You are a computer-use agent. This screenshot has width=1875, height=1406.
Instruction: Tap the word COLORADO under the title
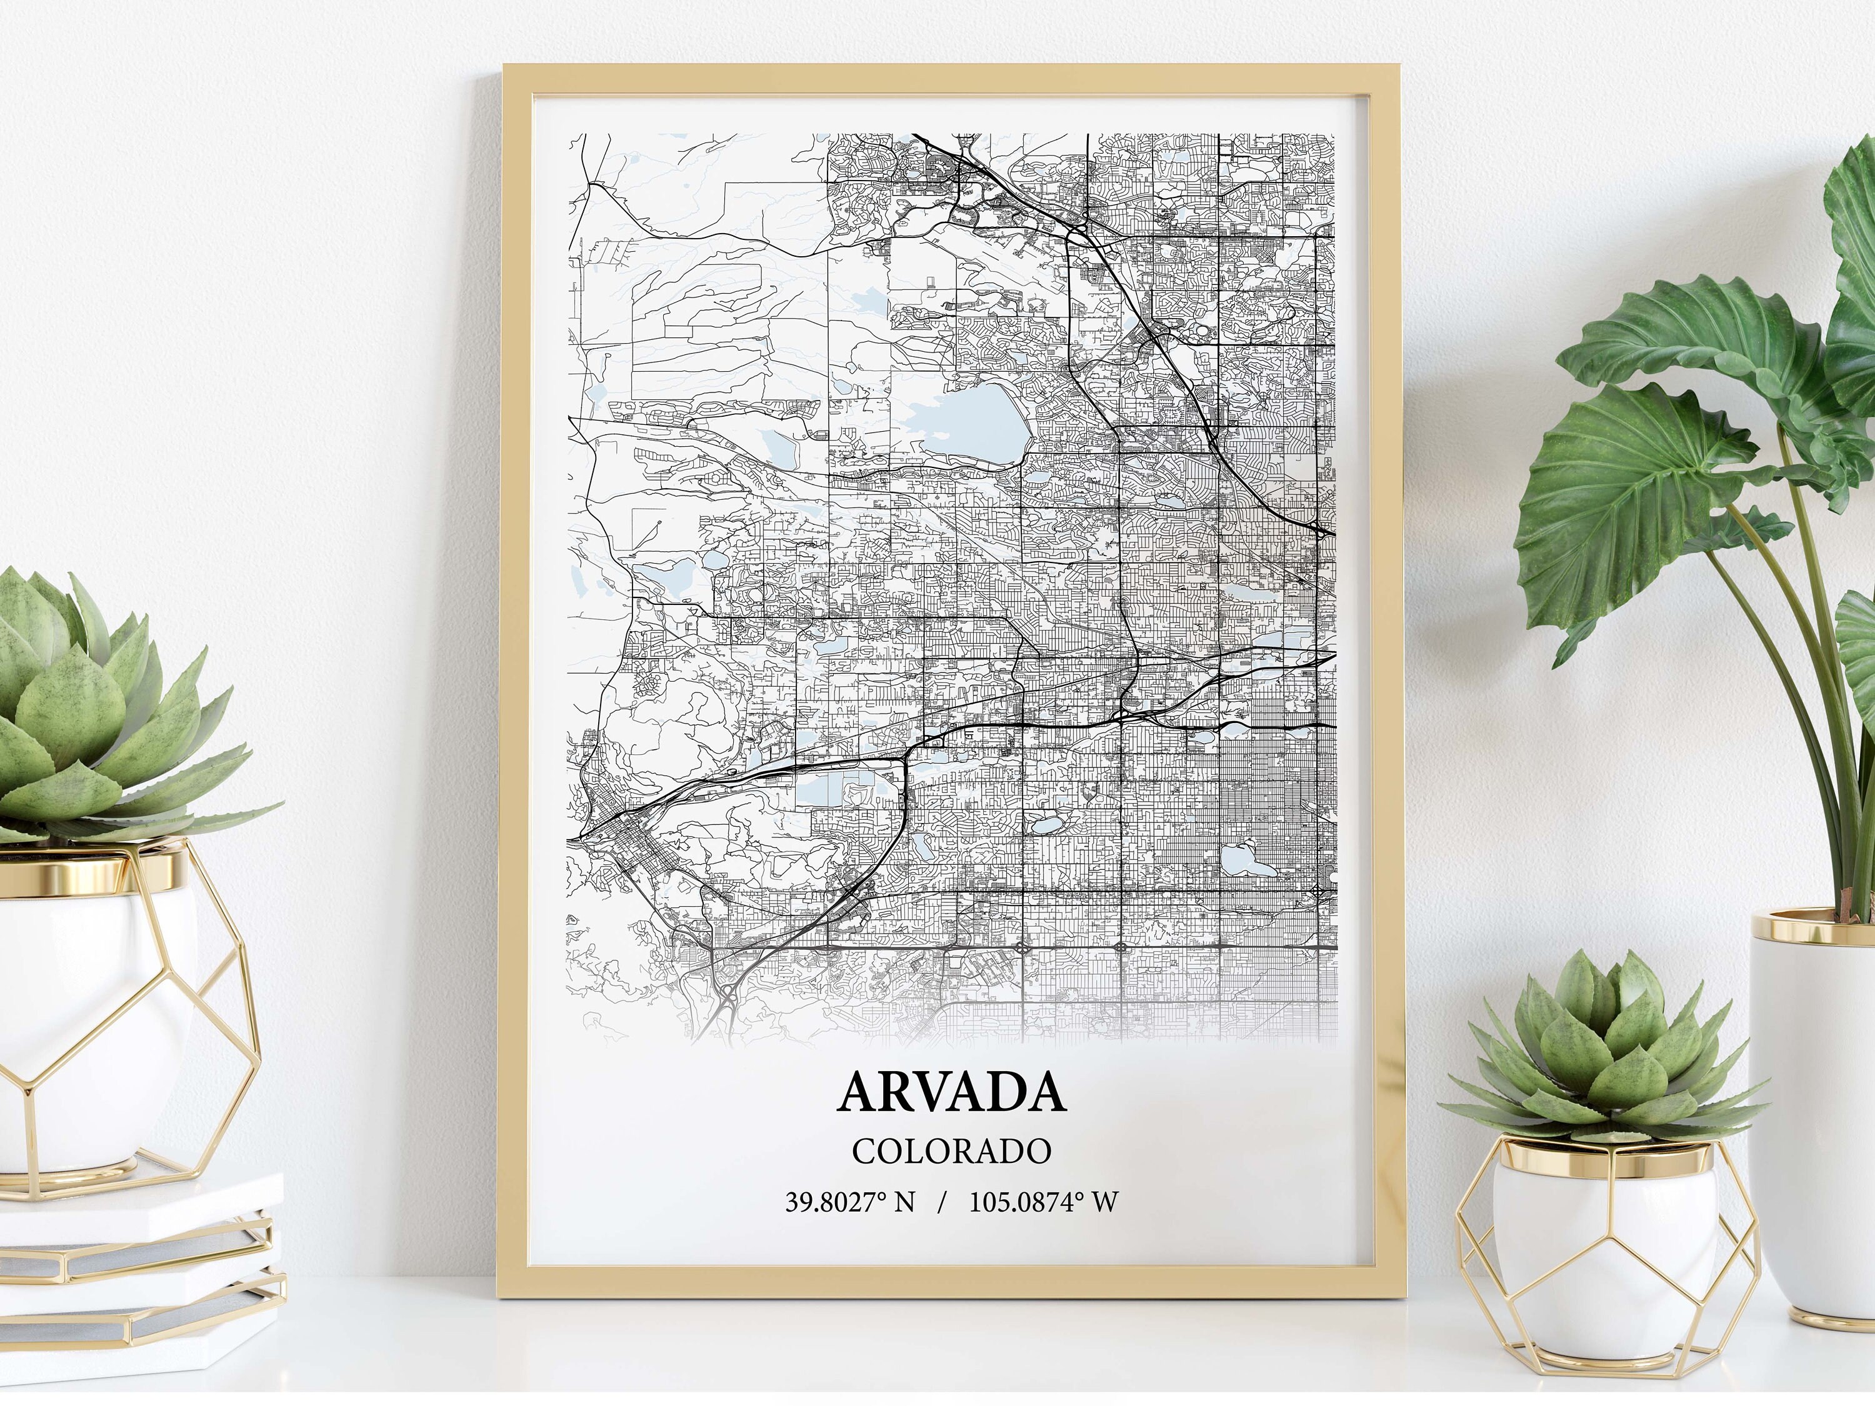pyautogui.click(x=951, y=1151)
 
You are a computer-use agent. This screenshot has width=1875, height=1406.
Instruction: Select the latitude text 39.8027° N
pyautogui.click(x=849, y=1202)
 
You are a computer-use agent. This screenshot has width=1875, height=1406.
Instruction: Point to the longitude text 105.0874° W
pyautogui.click(x=1044, y=1202)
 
